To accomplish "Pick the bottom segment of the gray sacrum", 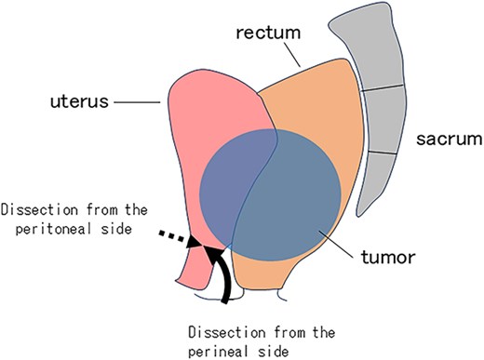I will pyautogui.click(x=382, y=181).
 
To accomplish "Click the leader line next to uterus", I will pyautogui.click(x=140, y=103).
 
